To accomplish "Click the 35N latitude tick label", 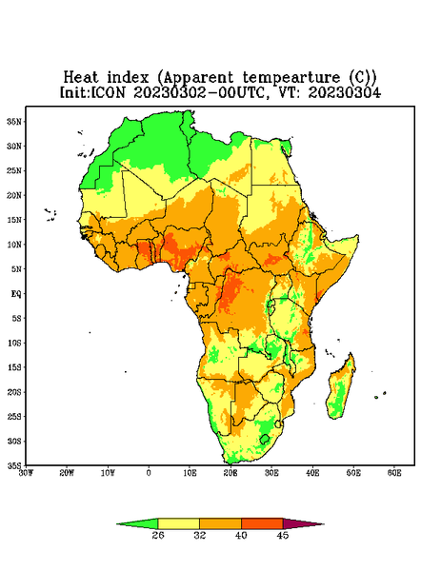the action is click(x=14, y=122).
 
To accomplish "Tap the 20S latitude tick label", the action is click(x=14, y=392).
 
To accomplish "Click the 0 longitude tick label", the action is click(x=149, y=473).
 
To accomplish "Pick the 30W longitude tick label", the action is click(x=26, y=473).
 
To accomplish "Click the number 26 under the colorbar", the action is click(x=158, y=535).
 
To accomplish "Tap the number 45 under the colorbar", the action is click(x=283, y=535).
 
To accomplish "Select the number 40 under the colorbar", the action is click(x=241, y=535).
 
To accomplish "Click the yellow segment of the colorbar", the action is click(x=178, y=523).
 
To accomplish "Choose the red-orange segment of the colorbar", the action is click(x=262, y=523).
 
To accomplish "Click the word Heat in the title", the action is click(x=81, y=78).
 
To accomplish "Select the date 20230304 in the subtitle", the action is click(x=345, y=92).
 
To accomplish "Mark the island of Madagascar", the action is click(x=341, y=388).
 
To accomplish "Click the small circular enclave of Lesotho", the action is click(x=265, y=439).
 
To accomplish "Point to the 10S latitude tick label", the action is click(x=14, y=343).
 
